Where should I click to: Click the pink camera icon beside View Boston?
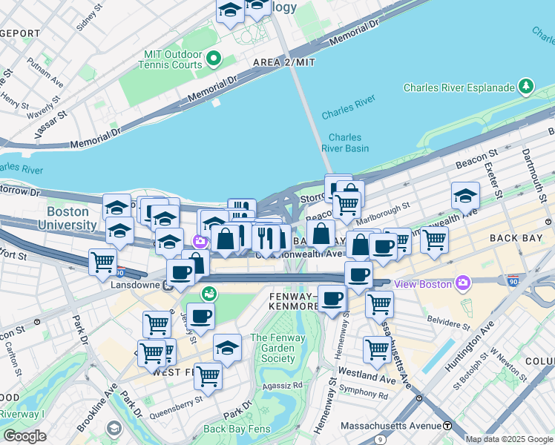pos(464,283)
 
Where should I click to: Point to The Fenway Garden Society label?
pos(272,349)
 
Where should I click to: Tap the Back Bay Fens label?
pos(235,429)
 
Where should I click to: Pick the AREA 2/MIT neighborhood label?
pos(284,62)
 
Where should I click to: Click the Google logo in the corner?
pos(25,435)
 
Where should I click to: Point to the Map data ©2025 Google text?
pos(508,439)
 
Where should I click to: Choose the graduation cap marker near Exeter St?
pos(465,196)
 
